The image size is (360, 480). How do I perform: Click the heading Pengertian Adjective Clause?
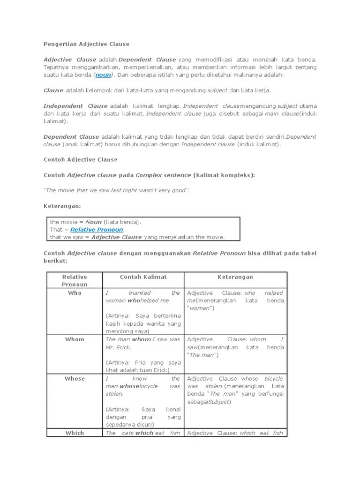86,44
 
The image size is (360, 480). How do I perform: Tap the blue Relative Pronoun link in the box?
97,230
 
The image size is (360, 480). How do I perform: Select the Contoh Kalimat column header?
143,277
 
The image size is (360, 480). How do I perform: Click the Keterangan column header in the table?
235,277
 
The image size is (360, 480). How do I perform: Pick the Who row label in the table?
75,293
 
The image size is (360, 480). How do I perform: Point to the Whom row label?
75,339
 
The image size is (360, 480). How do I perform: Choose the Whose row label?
75,379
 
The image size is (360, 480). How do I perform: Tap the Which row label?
75,433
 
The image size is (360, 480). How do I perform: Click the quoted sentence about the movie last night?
117,190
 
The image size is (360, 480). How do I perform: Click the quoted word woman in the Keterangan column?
200,308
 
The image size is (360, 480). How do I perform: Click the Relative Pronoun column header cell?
75,280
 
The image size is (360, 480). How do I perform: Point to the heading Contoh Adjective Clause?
80,159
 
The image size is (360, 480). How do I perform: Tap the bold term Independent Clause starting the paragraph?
75,106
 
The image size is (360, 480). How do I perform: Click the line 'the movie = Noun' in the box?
95,222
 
